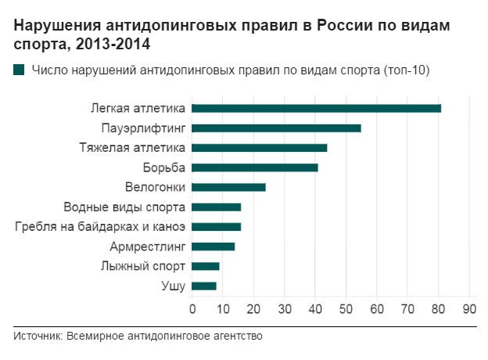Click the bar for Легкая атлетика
316,108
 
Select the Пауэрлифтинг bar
276,128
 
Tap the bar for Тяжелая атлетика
260,148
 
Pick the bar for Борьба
255,167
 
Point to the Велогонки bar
228,188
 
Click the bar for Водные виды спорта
217,207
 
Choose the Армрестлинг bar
213,247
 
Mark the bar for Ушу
204,286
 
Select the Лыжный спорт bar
206,266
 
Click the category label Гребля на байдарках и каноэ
100,226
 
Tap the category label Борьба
164,167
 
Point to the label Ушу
174,286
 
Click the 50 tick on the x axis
346,309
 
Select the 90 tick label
469,309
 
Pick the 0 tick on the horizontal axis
192,309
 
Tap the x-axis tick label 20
253,309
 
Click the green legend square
19,70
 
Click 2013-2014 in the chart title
113,44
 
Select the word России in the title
345,25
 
